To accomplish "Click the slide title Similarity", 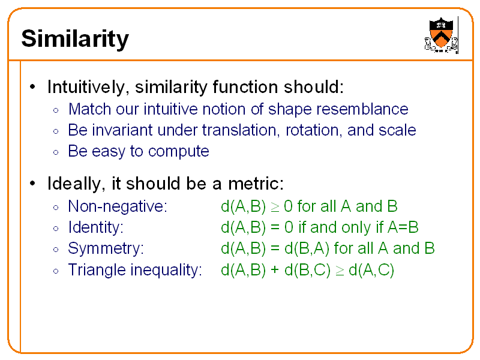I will click(74, 39).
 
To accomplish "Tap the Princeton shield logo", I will click(441, 34).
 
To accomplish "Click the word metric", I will click(257, 183).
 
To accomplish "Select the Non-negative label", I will click(117, 207).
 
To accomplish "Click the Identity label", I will click(95, 228).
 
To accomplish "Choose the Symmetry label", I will click(106, 249).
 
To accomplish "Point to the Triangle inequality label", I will click(134, 270).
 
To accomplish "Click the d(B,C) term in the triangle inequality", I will click(307, 270).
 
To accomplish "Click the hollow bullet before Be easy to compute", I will click(55, 152).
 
